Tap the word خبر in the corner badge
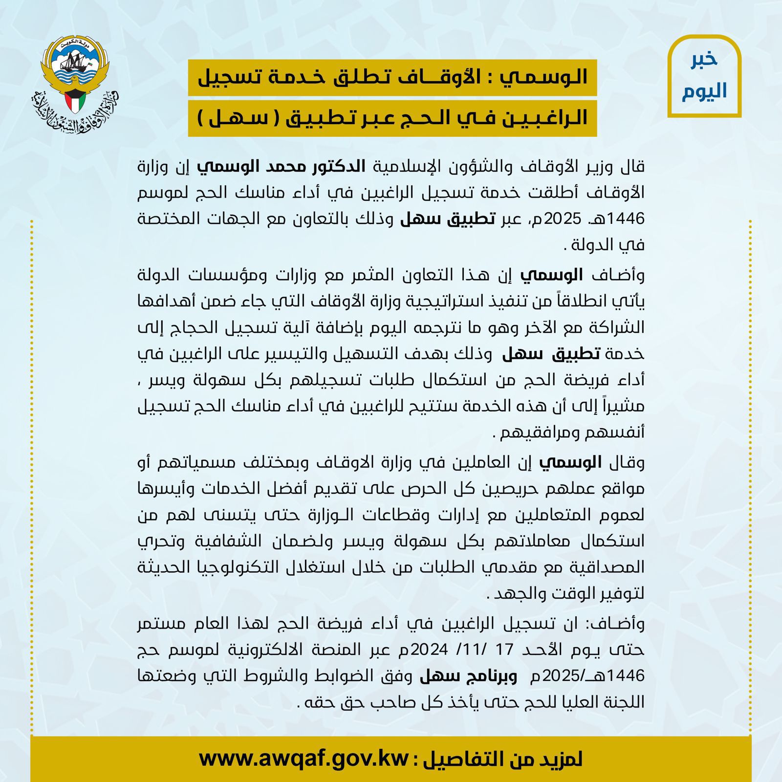point(704,59)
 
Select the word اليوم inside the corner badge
point(704,91)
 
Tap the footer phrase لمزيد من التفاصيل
point(503,759)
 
